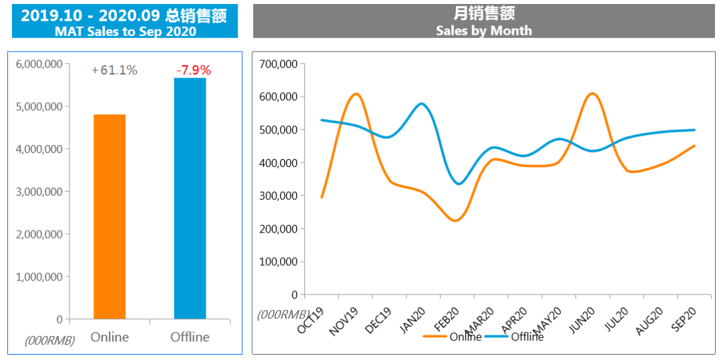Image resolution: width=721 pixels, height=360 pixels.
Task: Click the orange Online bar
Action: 109,216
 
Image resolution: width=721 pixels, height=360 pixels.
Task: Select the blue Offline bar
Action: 190,198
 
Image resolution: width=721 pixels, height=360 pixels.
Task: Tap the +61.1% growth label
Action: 114,70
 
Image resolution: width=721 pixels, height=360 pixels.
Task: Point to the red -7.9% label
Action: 194,70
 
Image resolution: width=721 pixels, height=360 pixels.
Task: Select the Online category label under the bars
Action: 109,337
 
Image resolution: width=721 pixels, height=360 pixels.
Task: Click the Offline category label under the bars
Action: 190,337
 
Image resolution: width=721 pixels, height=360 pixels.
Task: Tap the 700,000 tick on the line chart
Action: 278,64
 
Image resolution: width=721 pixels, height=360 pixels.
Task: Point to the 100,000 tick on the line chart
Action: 278,262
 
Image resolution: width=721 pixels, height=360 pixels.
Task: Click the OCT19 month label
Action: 312,321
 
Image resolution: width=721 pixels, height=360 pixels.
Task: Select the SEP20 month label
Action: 684,321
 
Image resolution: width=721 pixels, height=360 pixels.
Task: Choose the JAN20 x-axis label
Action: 413,321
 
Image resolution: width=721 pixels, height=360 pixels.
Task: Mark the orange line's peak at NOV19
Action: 356,94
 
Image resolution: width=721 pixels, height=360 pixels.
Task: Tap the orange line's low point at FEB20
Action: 455,220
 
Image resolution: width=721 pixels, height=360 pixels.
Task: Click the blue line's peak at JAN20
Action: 422,104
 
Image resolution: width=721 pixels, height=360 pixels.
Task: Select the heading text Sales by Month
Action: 484,31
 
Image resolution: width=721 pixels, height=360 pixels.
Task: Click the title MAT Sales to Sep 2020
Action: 125,31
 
